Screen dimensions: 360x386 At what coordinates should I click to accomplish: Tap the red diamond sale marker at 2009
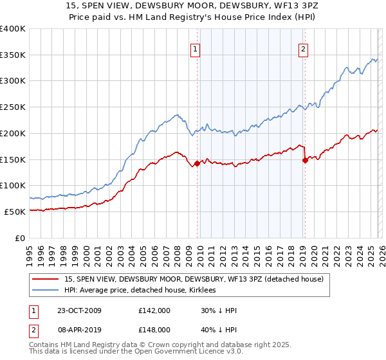[x=198, y=163]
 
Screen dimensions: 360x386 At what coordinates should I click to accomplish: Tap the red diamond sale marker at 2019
[x=305, y=161]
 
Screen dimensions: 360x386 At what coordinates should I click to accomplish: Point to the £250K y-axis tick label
[x=13, y=107]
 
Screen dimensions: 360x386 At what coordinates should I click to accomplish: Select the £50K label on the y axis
[x=15, y=212]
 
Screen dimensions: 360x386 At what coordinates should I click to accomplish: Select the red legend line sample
[x=46, y=279]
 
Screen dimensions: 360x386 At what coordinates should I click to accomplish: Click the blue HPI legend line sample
[x=46, y=290]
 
